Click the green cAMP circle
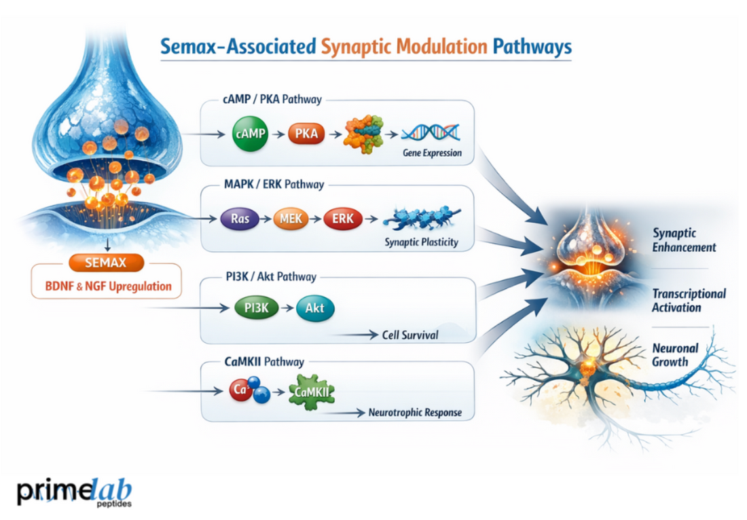pyautogui.click(x=248, y=134)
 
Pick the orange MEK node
pyautogui.click(x=291, y=219)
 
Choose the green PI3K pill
pyautogui.click(x=257, y=308)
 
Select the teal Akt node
pyautogui.click(x=315, y=308)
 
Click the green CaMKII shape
pyautogui.click(x=314, y=391)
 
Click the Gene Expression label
pyautogui.click(x=432, y=153)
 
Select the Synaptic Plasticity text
pyautogui.click(x=421, y=242)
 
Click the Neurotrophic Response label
pyautogui.click(x=414, y=412)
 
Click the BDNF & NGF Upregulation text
pyautogui.click(x=106, y=286)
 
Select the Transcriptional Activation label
pyautogui.click(x=689, y=301)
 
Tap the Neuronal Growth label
pyautogui.click(x=674, y=355)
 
